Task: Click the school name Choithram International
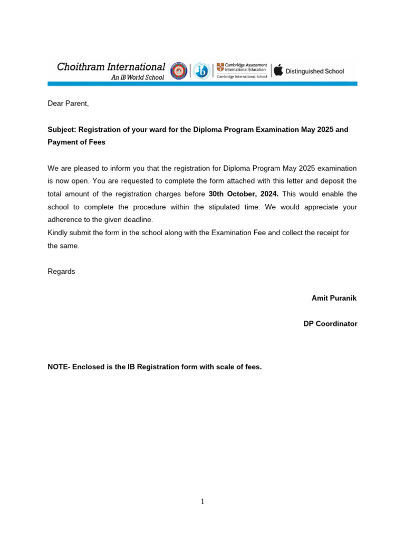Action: (111, 67)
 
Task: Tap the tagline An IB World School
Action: (137, 78)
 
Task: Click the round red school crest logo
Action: (178, 71)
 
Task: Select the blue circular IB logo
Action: (200, 71)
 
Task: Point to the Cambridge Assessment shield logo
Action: (220, 67)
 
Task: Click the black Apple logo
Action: (278, 70)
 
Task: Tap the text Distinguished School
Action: (315, 71)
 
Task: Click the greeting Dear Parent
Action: (69, 104)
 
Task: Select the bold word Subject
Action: (61, 129)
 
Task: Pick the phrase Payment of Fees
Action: (76, 142)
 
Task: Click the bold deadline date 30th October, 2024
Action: (243, 194)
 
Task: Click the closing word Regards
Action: (61, 272)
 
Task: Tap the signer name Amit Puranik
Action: (334, 298)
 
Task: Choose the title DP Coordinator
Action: (330, 324)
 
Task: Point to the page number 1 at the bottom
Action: (202, 502)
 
